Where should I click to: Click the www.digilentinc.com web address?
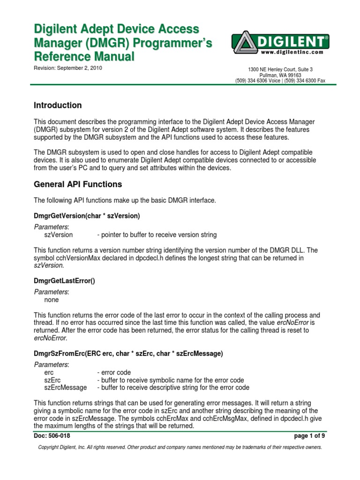click(292, 52)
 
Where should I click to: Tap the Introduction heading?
click(58, 105)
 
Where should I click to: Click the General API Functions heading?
click(78, 184)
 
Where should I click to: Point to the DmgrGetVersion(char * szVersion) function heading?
click(87, 216)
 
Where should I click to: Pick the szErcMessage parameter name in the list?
click(65, 388)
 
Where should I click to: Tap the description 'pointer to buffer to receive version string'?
click(157, 235)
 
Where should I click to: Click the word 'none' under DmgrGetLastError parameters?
click(52, 300)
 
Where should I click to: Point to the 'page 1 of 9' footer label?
click(309, 436)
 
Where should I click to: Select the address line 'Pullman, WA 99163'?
click(280, 75)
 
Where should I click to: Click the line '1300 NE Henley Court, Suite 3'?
click(280, 69)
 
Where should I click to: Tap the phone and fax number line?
click(280, 81)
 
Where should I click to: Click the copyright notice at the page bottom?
click(180, 448)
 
